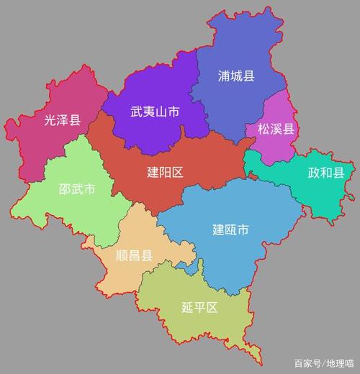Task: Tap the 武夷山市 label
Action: point(155,112)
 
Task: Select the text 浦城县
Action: point(236,76)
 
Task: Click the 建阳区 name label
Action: point(166,173)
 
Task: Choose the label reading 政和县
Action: point(325,173)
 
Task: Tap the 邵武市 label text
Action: point(76,190)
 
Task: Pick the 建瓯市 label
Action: point(230,230)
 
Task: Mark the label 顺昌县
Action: point(134,255)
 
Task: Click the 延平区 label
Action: point(199,308)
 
